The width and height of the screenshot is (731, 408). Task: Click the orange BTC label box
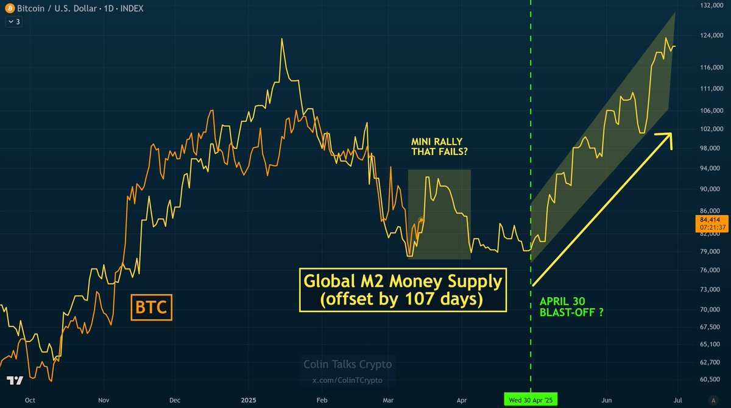pos(152,307)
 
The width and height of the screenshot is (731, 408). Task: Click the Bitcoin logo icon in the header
pos(9,8)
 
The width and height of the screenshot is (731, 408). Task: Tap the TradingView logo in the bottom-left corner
pos(15,380)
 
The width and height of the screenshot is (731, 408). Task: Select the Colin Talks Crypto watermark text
pos(348,365)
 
